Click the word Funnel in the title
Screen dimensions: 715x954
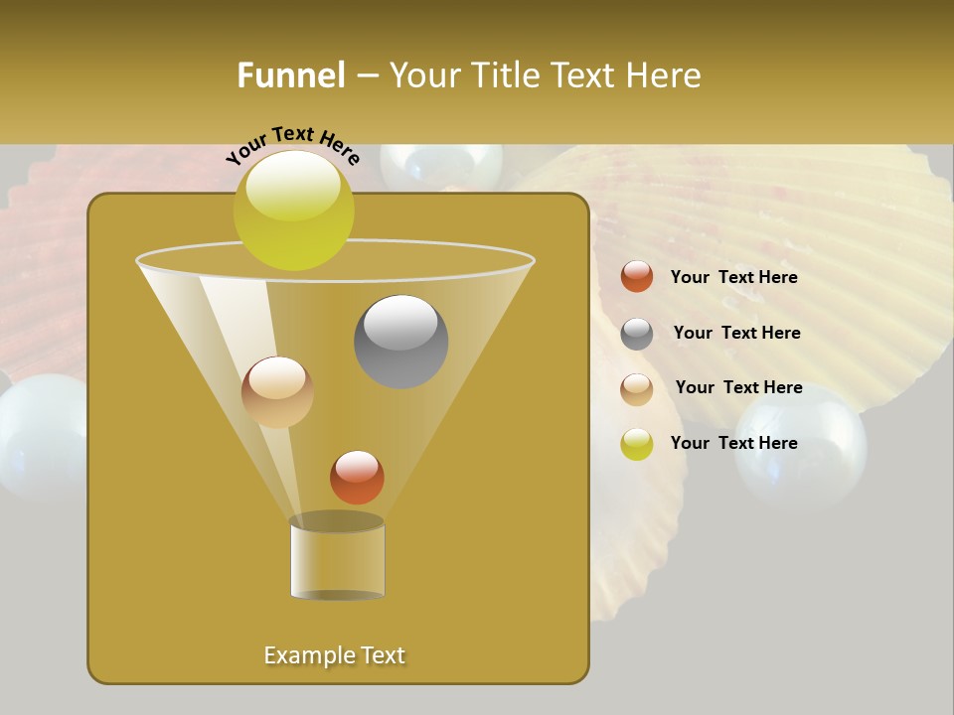[290, 75]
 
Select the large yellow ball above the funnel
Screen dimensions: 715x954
[294, 210]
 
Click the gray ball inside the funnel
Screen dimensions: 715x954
[400, 341]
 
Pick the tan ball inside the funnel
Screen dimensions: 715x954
[277, 392]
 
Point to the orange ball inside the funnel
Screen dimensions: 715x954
[357, 477]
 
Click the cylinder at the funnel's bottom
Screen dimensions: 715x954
[337, 558]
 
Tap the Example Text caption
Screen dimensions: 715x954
[334, 655]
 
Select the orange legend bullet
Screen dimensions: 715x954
[637, 277]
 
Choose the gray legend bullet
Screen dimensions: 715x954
[637, 334]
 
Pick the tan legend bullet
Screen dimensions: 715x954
[637, 389]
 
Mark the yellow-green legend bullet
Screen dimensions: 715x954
[637, 444]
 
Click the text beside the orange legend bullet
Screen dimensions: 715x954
[733, 278]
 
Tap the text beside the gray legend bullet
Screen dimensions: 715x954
[736, 334]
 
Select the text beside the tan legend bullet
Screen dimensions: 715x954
[738, 388]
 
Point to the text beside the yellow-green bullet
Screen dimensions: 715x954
[733, 443]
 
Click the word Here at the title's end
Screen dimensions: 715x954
[664, 75]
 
